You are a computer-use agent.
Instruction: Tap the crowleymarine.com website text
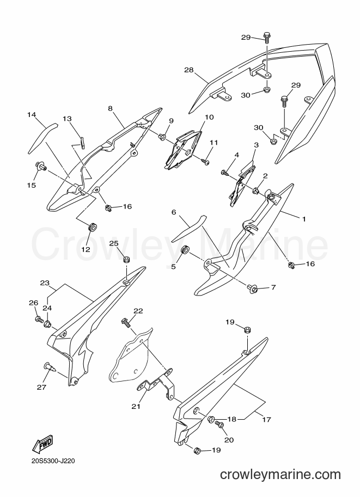point(280,475)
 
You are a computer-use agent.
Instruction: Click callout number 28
point(189,70)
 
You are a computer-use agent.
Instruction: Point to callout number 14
point(32,115)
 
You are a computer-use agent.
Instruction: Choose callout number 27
point(42,386)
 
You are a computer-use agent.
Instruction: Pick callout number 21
point(136,406)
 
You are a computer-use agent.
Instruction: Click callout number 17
point(267,419)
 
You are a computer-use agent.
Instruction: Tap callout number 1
point(303,219)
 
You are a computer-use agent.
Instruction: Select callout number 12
point(86,249)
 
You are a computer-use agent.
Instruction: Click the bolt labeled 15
point(41,166)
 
